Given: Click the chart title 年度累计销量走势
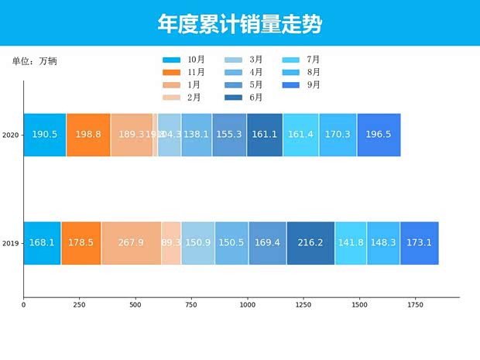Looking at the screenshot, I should [x=240, y=24].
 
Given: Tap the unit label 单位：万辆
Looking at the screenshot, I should [x=34, y=61].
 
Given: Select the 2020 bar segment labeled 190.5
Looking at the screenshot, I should [x=45, y=135].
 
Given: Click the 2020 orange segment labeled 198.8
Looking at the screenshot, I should [x=88, y=135].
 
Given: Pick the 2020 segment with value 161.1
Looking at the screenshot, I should [x=265, y=135].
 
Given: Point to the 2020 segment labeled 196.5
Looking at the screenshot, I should [x=379, y=135].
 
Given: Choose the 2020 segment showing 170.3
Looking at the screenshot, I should [x=338, y=135].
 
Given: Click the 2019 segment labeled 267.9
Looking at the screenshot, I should [x=131, y=243].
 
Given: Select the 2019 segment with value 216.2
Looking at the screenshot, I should [x=310, y=243].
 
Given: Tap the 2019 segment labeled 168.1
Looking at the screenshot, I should [x=42, y=243].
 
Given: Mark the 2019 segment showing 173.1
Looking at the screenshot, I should [x=419, y=243].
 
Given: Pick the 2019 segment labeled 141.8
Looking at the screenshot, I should [x=351, y=243].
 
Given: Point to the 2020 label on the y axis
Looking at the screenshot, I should [x=11, y=135].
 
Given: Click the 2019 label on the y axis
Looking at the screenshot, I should [x=11, y=244].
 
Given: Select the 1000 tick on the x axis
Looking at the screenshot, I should [x=247, y=305].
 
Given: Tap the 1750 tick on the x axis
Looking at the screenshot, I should [x=415, y=305].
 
